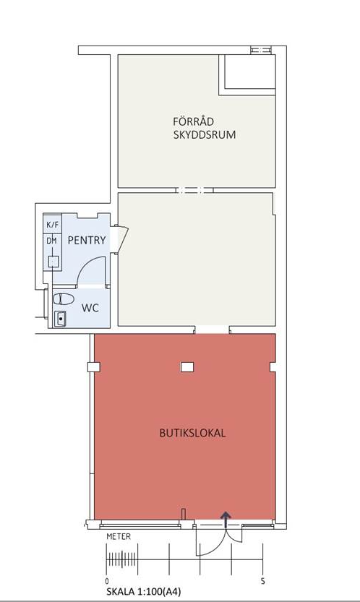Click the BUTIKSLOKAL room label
[x=192, y=433]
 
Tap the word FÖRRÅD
[x=193, y=121]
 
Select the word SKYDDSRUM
[x=205, y=135]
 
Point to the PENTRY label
[x=87, y=241]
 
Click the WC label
[x=90, y=308]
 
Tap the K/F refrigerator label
[x=52, y=225]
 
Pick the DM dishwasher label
[x=51, y=241]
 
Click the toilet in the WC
[x=64, y=298]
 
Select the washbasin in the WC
[x=60, y=319]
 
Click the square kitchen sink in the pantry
[x=53, y=262]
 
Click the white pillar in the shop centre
[x=187, y=367]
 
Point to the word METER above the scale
[x=119, y=536]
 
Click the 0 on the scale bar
[x=107, y=581]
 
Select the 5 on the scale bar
[x=263, y=581]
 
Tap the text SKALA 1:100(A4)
[x=144, y=591]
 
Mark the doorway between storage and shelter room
[x=194, y=190]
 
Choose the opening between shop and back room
[x=212, y=330]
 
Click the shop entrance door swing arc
[x=216, y=548]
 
